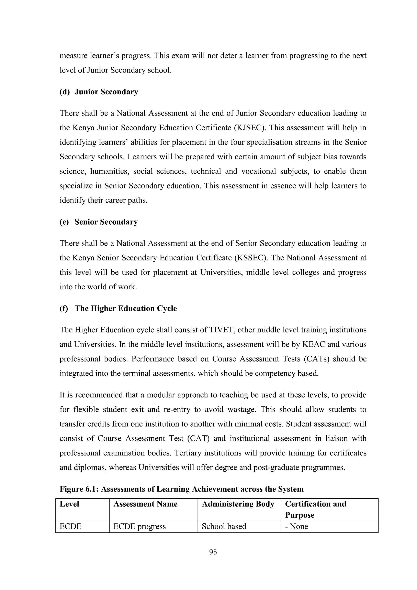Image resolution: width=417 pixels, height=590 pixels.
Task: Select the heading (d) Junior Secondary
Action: (99, 92)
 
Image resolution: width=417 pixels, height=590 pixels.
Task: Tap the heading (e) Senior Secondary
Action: (99, 222)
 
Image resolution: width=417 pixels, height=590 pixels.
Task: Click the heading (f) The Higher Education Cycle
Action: (118, 308)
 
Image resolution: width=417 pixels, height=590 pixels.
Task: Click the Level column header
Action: (69, 504)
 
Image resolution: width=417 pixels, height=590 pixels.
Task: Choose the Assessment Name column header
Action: (145, 504)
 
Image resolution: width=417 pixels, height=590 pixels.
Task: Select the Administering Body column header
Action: (238, 504)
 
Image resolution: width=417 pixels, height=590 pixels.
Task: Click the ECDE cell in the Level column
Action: (70, 527)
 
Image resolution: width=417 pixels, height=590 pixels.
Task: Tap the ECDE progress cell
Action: (139, 527)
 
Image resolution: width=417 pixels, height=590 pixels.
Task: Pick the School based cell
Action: (224, 527)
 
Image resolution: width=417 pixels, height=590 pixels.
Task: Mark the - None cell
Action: (297, 527)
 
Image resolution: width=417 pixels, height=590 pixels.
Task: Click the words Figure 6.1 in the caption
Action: (79, 489)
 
